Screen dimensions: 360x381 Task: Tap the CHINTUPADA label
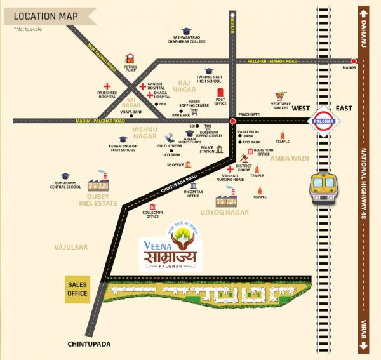click(89, 344)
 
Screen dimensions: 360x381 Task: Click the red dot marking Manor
click(354, 61)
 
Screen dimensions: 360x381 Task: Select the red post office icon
click(220, 92)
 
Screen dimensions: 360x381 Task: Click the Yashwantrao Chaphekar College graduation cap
click(186, 31)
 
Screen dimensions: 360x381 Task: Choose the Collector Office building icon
click(152, 207)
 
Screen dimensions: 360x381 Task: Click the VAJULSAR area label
click(71, 247)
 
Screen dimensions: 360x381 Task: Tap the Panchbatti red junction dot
click(232, 119)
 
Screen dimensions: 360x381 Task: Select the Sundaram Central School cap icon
click(63, 175)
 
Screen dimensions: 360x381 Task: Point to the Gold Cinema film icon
click(170, 137)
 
